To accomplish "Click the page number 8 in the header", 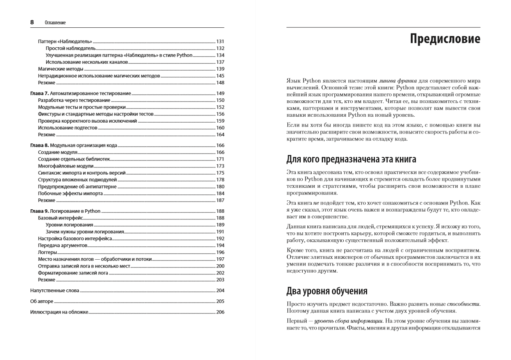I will [x=32, y=22].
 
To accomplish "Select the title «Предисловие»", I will [x=445, y=39].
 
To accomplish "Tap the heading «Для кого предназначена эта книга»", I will [x=351, y=159].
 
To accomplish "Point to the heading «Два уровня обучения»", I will [x=327, y=291].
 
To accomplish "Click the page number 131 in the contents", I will [x=220, y=41].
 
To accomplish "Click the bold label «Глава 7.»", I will [x=39, y=94].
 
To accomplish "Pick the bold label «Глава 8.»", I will [x=39, y=145].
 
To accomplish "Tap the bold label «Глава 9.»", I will [x=39, y=211].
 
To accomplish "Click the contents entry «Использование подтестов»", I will [x=67, y=128].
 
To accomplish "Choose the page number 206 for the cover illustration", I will [x=220, y=312].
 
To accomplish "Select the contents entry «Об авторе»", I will [x=42, y=301].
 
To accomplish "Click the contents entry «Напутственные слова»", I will [x=55, y=290].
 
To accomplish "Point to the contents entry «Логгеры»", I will [x=47, y=252].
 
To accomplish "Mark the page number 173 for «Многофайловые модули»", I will [x=220, y=166].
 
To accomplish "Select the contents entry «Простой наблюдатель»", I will [x=71, y=48].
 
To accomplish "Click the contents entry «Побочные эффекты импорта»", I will [x=70, y=193].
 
